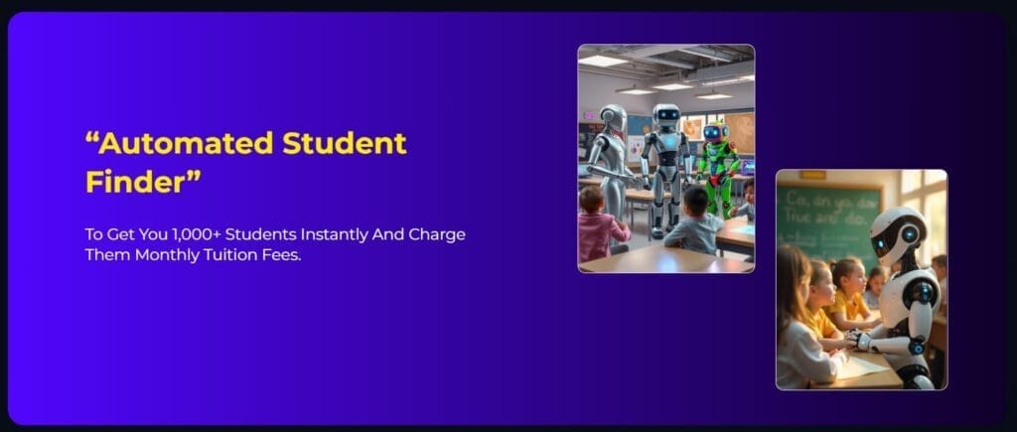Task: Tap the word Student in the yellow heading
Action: pos(345,144)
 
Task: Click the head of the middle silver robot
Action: pos(666,115)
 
